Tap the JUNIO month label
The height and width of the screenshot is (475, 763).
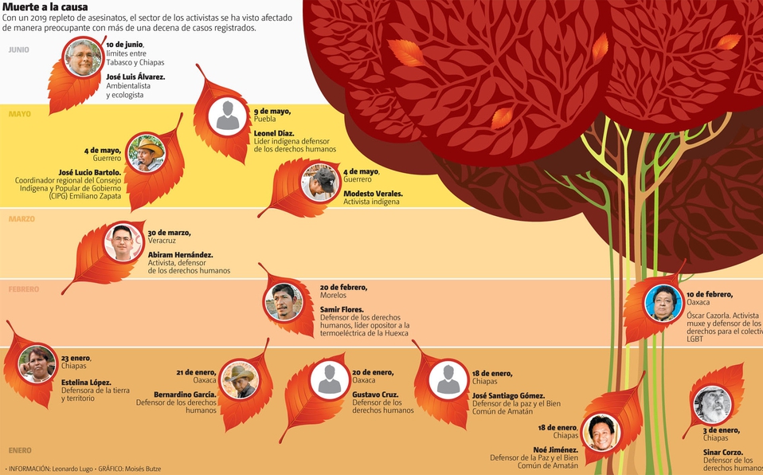tap(19, 49)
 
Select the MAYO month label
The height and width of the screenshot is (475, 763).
tap(20, 114)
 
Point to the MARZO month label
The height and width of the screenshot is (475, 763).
tap(22, 218)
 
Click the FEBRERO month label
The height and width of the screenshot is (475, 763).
tap(24, 289)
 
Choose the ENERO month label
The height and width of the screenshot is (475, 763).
tap(20, 450)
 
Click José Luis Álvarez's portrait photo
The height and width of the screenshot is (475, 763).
tap(84, 58)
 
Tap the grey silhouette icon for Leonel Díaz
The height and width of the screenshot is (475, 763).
tap(228, 115)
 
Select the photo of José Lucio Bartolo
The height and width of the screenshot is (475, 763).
tap(146, 152)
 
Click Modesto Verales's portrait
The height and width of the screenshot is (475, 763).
tap(320, 183)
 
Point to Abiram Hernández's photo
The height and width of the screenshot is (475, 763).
tap(123, 241)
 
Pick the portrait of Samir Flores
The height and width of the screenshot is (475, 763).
tap(284, 302)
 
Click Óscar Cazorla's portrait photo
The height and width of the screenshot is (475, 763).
tap(663, 303)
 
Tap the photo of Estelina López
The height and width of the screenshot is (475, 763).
tap(37, 364)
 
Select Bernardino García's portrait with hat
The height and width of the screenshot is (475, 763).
tap(239, 380)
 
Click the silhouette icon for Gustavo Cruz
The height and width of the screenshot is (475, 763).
tap(329, 379)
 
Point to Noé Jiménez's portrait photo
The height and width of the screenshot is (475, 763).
tap(601, 433)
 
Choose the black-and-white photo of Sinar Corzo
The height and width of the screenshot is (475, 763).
tap(712, 405)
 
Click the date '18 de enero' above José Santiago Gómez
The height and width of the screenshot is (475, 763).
tap(492, 373)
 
